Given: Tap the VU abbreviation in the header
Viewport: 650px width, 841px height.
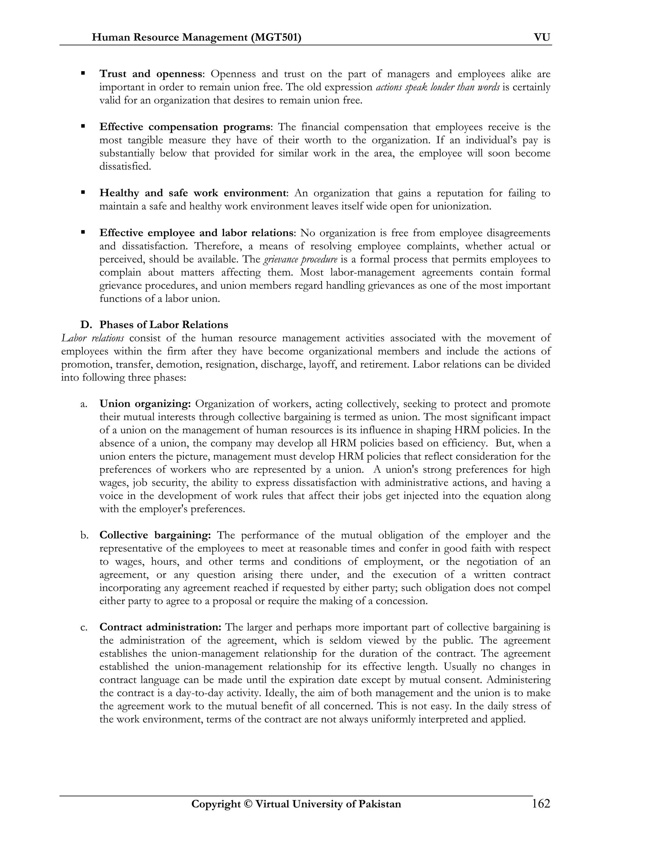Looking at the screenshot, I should [x=542, y=37].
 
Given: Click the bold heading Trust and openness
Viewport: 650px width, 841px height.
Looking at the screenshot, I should [x=150, y=74].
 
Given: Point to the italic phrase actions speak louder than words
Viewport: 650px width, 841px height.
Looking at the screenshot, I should [x=437, y=87].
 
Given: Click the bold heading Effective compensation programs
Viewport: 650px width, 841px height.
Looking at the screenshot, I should [x=185, y=127].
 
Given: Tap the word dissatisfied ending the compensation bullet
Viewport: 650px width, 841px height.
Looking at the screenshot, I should [x=124, y=166].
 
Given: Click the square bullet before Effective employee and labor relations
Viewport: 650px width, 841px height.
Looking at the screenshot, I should [x=83, y=232].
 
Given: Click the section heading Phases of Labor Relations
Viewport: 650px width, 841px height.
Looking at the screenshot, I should [x=164, y=324].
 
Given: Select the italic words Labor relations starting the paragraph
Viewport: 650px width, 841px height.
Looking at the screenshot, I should [x=92, y=338].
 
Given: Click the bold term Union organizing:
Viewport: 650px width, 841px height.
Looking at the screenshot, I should [x=145, y=404].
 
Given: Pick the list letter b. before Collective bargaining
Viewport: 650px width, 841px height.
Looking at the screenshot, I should [x=84, y=535].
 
